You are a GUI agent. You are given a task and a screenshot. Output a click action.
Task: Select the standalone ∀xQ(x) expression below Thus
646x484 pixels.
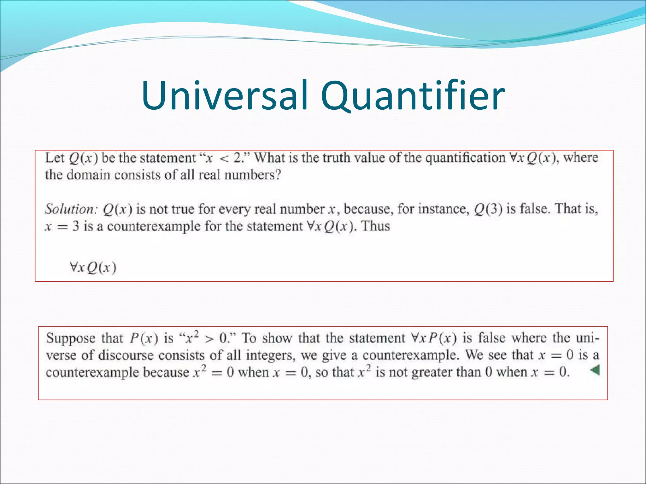click(93, 268)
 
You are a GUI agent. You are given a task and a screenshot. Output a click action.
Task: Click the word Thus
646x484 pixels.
click(375, 226)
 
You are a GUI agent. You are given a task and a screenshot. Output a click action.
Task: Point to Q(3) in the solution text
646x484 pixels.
click(488, 209)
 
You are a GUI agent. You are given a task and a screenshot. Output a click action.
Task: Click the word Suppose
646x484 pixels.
click(71, 338)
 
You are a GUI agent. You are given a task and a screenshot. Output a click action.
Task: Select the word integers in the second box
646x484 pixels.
click(271, 355)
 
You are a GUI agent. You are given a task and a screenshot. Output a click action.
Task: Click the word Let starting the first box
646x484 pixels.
click(55, 158)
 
